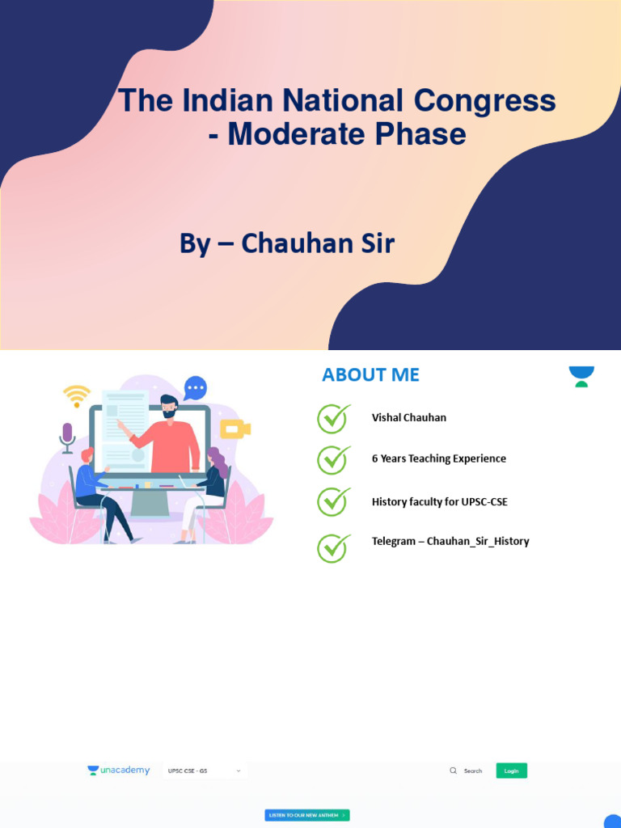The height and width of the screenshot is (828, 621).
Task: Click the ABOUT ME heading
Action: coord(370,374)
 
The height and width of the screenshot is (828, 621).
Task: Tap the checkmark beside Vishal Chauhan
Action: coord(332,418)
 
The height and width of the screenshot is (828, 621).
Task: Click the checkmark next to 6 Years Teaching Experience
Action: coord(332,458)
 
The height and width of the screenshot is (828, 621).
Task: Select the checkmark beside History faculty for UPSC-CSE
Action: coord(332,501)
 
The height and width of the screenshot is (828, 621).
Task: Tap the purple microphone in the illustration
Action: coord(67,436)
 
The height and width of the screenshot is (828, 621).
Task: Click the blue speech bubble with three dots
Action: coord(195,388)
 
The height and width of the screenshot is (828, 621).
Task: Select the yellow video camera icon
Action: coord(234,429)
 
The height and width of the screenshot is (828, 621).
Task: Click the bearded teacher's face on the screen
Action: coord(169,408)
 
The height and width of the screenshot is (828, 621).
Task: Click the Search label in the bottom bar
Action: coord(473,771)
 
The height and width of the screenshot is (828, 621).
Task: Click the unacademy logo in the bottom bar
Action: coord(119,771)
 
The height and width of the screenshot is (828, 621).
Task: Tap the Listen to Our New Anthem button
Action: coord(307,815)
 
